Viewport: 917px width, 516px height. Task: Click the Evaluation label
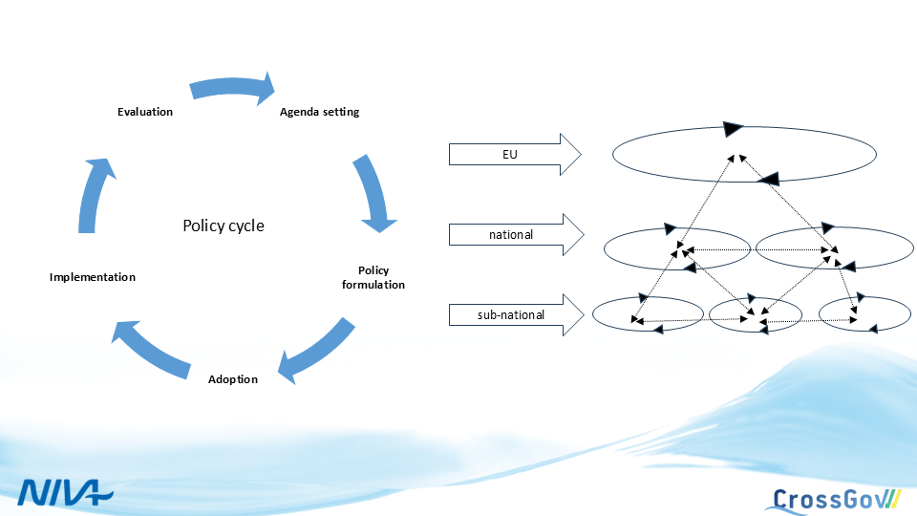point(145,112)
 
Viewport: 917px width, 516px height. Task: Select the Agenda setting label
point(319,112)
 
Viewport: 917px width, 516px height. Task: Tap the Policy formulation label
point(373,277)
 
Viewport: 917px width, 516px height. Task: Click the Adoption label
point(233,379)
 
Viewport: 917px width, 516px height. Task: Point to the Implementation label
point(92,277)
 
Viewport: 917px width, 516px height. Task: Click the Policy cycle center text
point(224,226)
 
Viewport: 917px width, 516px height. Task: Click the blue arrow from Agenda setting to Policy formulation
point(373,192)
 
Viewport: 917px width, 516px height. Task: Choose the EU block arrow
point(515,154)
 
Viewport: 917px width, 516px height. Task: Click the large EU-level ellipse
point(744,153)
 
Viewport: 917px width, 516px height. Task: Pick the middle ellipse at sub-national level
point(756,314)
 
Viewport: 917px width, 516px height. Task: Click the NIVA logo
point(65,492)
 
